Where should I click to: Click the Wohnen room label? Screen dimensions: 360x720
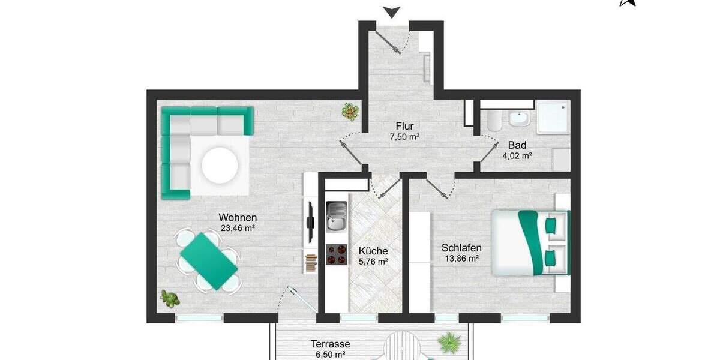click(x=238, y=217)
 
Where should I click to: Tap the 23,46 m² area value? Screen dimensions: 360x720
click(x=238, y=229)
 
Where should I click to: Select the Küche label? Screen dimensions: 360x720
click(x=373, y=251)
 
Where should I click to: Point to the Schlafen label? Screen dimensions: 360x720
click(x=461, y=247)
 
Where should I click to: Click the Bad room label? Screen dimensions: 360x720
click(x=517, y=145)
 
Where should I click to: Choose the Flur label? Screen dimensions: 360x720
click(x=404, y=126)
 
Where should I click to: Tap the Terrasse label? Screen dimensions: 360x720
click(x=330, y=344)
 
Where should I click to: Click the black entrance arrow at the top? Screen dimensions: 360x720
click(x=392, y=11)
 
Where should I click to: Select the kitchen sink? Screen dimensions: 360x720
click(x=336, y=217)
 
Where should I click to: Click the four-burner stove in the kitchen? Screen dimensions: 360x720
click(x=337, y=254)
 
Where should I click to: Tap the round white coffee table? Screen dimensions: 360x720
click(x=221, y=165)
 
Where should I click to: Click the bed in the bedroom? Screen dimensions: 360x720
click(x=530, y=242)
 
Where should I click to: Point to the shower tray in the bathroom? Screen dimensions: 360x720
click(x=551, y=116)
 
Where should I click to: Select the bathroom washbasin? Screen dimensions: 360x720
click(x=520, y=119)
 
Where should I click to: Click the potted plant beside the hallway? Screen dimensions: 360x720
click(x=350, y=111)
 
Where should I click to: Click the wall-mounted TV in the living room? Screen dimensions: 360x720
click(x=310, y=223)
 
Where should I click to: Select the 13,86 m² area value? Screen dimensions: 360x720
click(x=461, y=259)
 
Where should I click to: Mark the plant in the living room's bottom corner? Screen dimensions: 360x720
click(x=169, y=298)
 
